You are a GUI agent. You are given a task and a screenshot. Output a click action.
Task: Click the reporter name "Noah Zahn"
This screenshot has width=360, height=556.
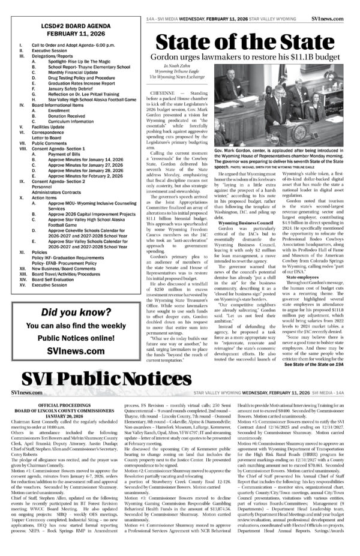coord(180,68)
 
